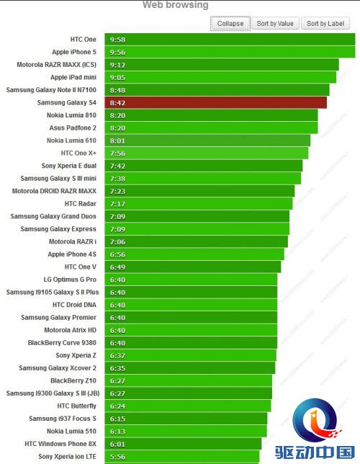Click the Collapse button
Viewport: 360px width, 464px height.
pos(230,24)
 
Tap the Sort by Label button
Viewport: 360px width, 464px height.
pos(325,24)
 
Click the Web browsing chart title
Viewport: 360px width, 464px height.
pos(176,5)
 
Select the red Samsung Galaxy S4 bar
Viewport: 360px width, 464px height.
pos(216,103)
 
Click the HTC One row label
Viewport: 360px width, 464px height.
pos(83,40)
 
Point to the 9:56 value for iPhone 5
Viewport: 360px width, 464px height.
pos(117,53)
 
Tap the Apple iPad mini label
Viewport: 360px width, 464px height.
pos(73,77)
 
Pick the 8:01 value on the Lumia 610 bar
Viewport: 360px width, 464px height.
pos(117,141)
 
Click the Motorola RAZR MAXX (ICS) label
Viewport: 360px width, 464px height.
pos(56,65)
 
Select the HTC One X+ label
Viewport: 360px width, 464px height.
pos(78,153)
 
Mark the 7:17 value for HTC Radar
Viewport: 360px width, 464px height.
pos(117,204)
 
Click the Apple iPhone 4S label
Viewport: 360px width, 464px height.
pos(72,254)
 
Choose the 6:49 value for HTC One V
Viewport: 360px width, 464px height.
pos(117,267)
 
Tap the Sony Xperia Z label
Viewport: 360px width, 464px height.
pos(76,355)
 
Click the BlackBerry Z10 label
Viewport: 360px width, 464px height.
pos(73,380)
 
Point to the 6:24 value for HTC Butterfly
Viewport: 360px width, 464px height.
pos(117,406)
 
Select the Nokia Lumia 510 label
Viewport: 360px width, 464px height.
pos(71,431)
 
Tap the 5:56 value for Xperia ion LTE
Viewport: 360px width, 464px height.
pos(117,457)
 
